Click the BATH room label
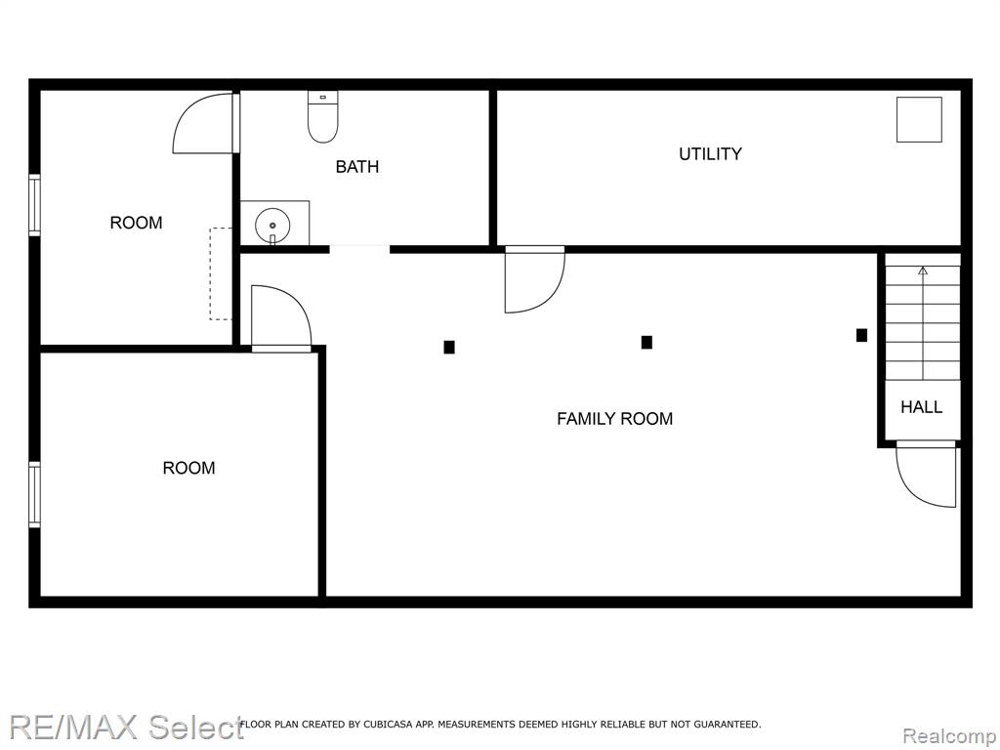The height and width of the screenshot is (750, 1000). click(357, 166)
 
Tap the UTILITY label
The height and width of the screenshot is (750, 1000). click(710, 153)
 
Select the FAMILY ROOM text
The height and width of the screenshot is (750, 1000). click(615, 418)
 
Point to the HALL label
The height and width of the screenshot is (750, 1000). click(922, 407)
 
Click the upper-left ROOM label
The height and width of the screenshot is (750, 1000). click(136, 223)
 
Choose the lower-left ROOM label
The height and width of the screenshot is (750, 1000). click(188, 468)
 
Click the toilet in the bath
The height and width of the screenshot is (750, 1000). click(322, 117)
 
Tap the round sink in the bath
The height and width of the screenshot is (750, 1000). click(272, 226)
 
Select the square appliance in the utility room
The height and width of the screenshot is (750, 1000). click(919, 119)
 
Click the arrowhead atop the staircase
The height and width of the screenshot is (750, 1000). click(923, 271)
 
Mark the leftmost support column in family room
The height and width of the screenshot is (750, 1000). click(449, 348)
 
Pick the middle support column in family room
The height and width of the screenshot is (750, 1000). click(646, 343)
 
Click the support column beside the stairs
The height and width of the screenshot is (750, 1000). click(861, 335)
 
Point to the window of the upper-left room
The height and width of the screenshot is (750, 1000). click(34, 205)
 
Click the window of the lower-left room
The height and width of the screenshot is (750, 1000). click(34, 494)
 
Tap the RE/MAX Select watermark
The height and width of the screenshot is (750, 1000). click(126, 727)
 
